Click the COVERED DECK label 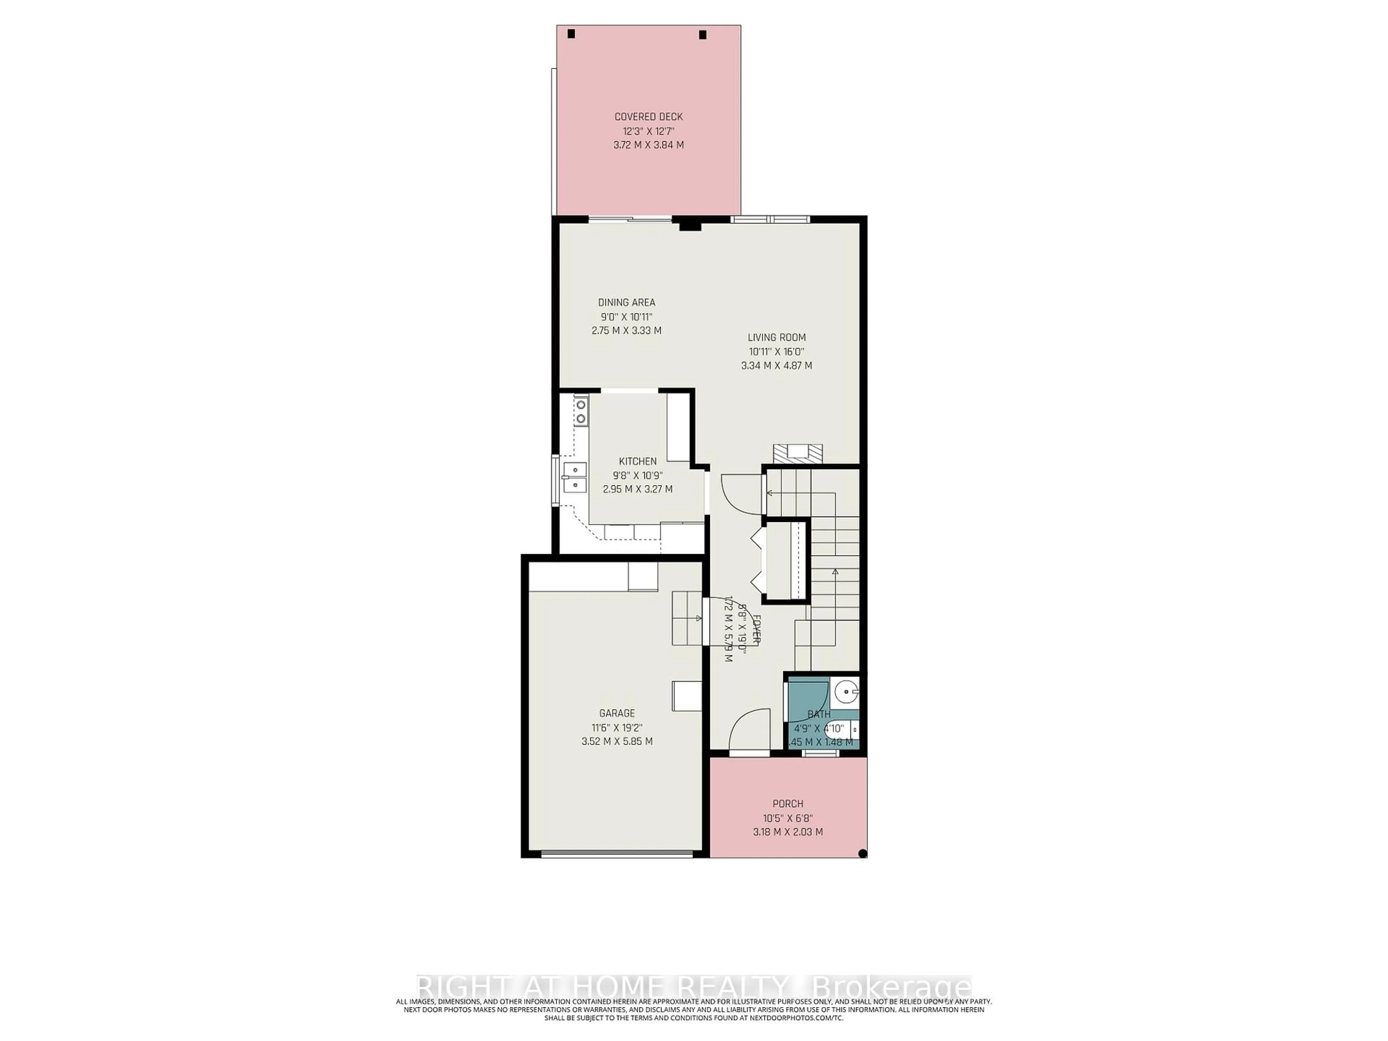click(648, 117)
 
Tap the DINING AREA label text click(626, 303)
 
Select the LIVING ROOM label click(776, 338)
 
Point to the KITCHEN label click(638, 461)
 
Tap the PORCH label click(788, 804)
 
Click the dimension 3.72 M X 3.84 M click(648, 145)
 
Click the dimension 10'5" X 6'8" click(788, 818)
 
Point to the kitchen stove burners click(142, 411)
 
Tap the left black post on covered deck click(571, 34)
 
